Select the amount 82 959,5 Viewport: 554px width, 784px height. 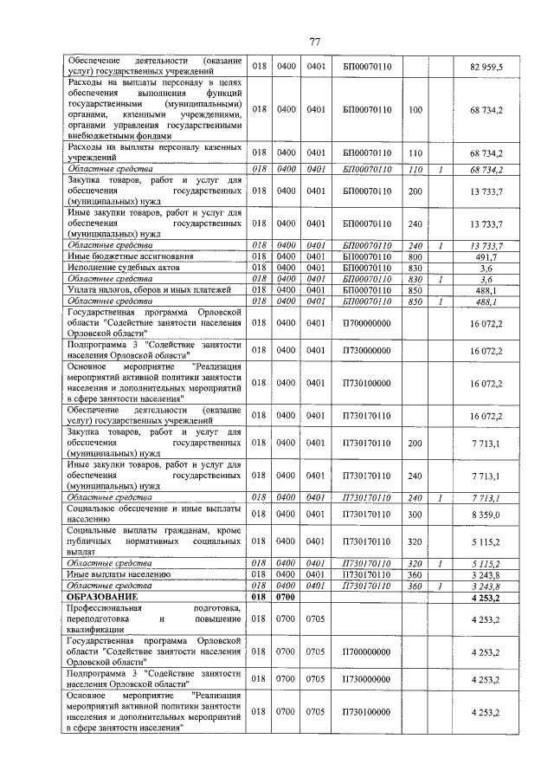click(x=486, y=66)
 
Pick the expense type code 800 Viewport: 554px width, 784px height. click(x=415, y=256)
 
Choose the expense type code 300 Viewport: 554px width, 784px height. click(x=415, y=515)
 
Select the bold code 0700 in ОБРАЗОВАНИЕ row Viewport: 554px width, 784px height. click(x=285, y=597)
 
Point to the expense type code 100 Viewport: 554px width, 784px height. click(x=415, y=110)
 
